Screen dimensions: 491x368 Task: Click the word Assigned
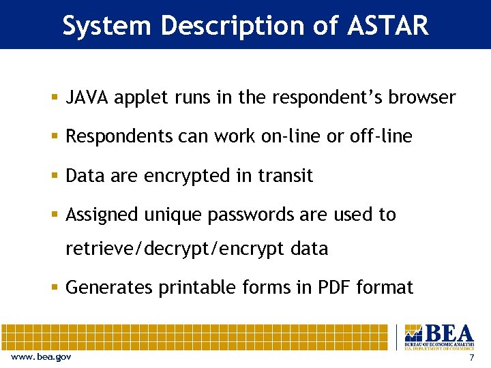click(102, 215)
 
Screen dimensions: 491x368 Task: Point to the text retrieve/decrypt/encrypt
click(175, 249)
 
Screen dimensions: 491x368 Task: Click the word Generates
click(109, 288)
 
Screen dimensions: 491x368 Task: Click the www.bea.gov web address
click(41, 358)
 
